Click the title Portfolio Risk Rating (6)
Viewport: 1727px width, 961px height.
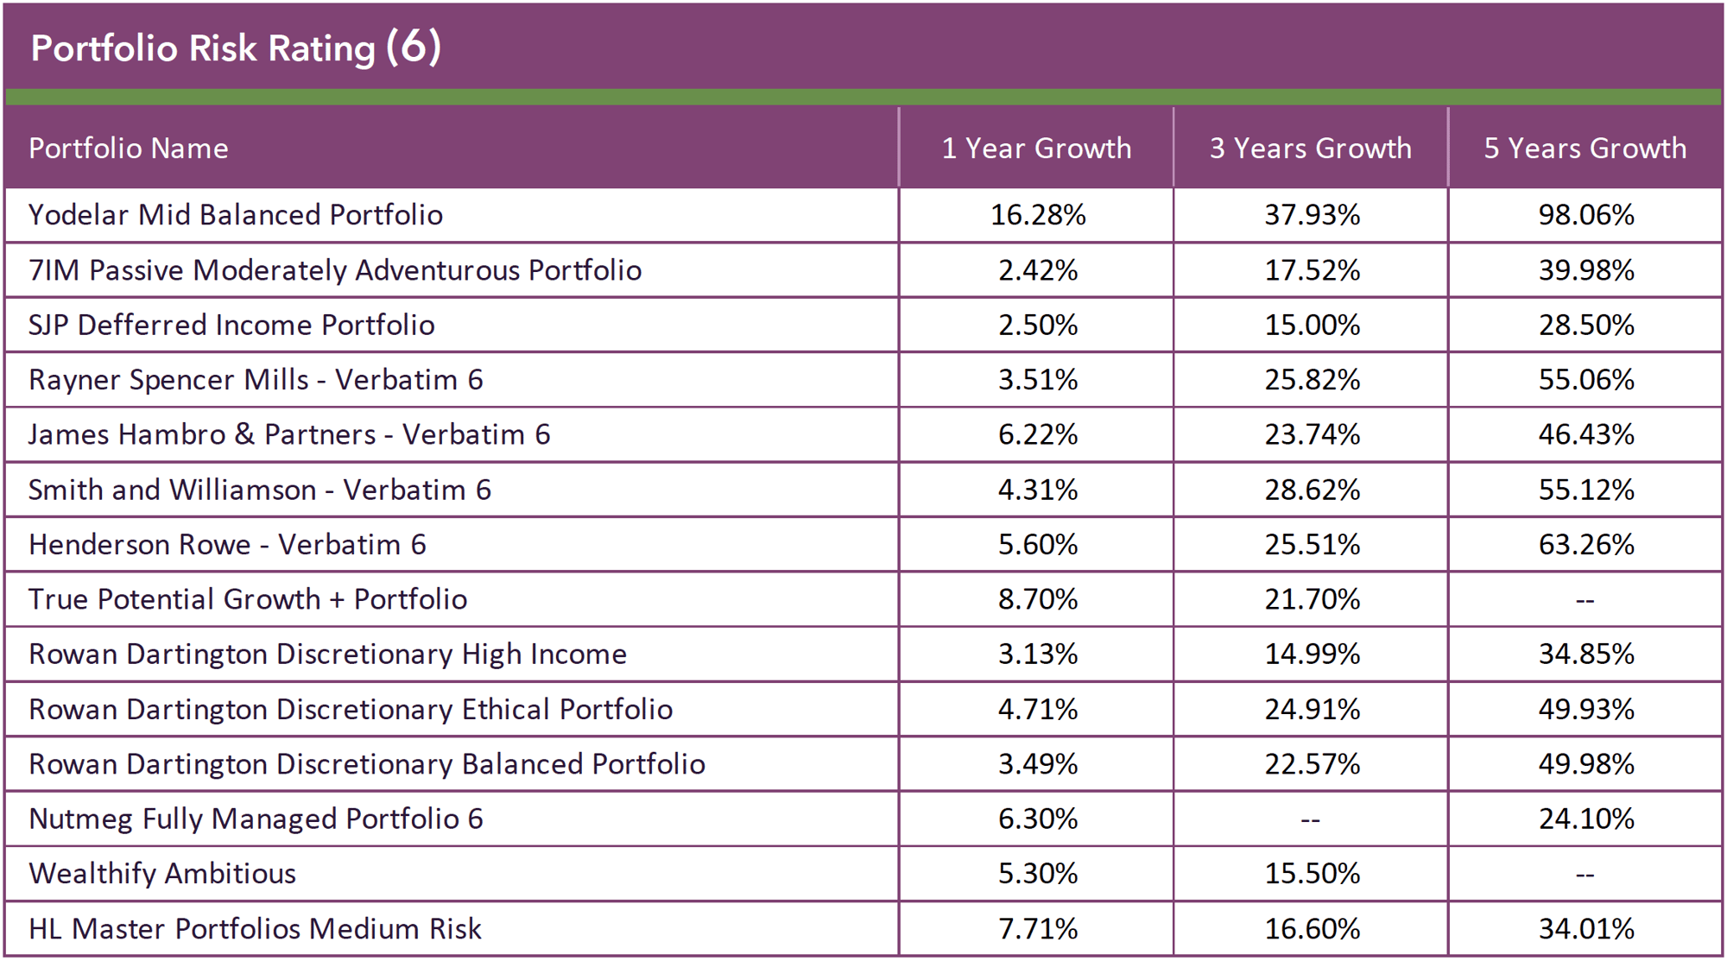coord(236,48)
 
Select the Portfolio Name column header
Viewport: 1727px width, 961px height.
coord(129,149)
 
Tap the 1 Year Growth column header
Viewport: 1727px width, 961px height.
coord(1036,149)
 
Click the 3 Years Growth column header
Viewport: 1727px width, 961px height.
coord(1311,149)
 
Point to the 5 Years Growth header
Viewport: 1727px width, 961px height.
coord(1585,149)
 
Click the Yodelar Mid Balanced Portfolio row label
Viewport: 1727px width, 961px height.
coord(236,215)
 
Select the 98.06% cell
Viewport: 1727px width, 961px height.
coord(1586,215)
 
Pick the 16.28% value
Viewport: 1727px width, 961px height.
coord(1038,215)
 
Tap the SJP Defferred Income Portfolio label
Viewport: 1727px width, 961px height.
coord(231,326)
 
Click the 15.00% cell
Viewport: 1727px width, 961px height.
coord(1313,326)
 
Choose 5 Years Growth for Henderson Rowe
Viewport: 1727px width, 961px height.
coord(1586,545)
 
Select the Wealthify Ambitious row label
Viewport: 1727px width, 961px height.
coord(162,874)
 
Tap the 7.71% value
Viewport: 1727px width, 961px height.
coord(1038,929)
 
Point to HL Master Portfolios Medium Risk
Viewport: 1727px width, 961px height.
coord(255,929)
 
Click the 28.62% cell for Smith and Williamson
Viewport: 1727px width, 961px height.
coord(1313,490)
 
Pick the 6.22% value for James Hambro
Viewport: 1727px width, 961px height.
coord(1038,435)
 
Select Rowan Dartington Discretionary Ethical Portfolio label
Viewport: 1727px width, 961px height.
coord(351,710)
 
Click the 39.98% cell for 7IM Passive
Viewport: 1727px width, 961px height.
coord(1586,270)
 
